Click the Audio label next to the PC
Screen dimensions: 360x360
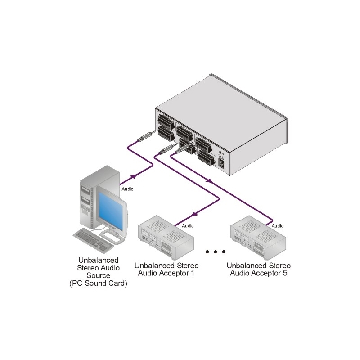(x=127, y=189)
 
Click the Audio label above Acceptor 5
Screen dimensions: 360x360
(x=278, y=225)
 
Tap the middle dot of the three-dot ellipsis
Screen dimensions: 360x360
(x=215, y=252)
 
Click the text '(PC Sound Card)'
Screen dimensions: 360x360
(x=99, y=283)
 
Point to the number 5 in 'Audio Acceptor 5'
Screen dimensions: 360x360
(x=284, y=273)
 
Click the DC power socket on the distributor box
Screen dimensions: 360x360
(x=222, y=165)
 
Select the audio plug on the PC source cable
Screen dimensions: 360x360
(x=144, y=137)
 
